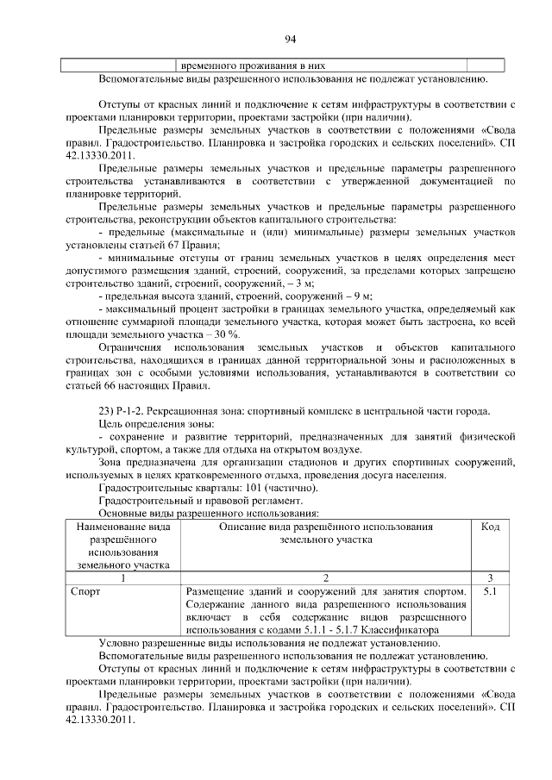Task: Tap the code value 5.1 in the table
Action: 489,592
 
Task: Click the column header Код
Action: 489,527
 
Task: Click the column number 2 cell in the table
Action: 325,577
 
